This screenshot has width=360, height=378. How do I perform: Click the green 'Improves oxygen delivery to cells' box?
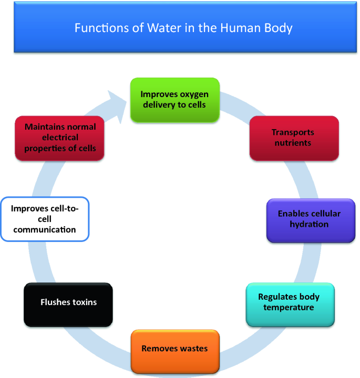click(174, 100)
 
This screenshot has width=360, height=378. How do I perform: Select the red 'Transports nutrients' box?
click(294, 138)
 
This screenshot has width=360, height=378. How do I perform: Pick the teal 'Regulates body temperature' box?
click(290, 304)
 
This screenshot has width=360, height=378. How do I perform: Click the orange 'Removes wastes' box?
click(174, 351)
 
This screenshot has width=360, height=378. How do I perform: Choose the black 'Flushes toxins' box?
click(68, 304)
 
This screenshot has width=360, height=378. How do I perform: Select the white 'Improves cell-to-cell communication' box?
click(45, 219)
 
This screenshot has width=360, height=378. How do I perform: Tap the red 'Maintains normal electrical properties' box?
click(58, 138)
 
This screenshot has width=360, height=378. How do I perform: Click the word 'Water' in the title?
click(152, 27)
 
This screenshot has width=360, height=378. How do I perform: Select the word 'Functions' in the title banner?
click(98, 27)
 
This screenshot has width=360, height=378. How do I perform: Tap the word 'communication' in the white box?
click(45, 229)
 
